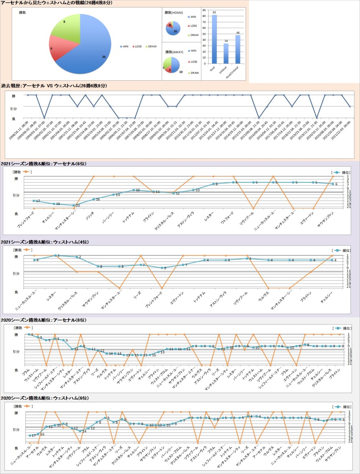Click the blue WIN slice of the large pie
coord(90,50)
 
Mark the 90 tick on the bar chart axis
coord(204,10)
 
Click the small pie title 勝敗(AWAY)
coord(174,52)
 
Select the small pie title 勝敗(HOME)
coord(174,13)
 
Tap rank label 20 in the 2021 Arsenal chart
coord(77,205)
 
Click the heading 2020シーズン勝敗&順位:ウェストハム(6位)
coord(45,398)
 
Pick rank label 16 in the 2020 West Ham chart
coord(42,434)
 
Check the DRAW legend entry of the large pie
coord(152,46)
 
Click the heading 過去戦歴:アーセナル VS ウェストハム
coord(54,86)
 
